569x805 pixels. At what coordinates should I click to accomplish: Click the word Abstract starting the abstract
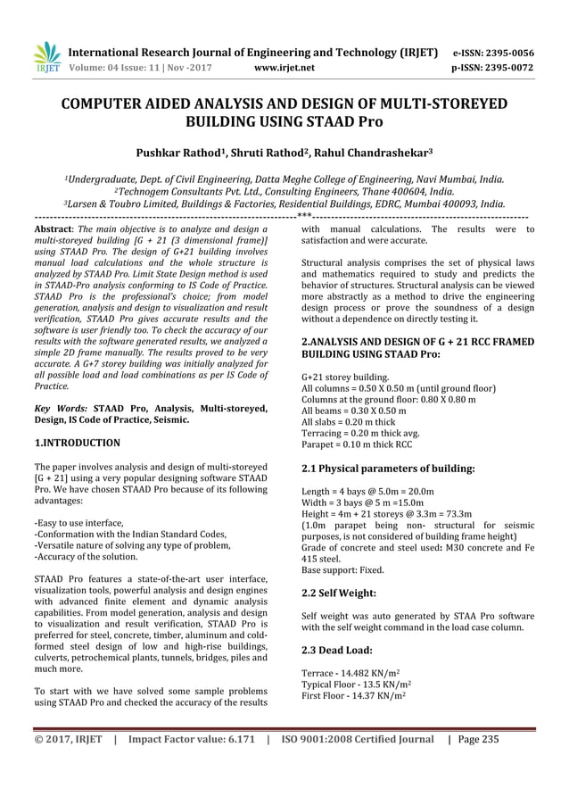click(54, 230)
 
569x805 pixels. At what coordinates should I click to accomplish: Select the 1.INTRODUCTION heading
click(78, 442)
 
